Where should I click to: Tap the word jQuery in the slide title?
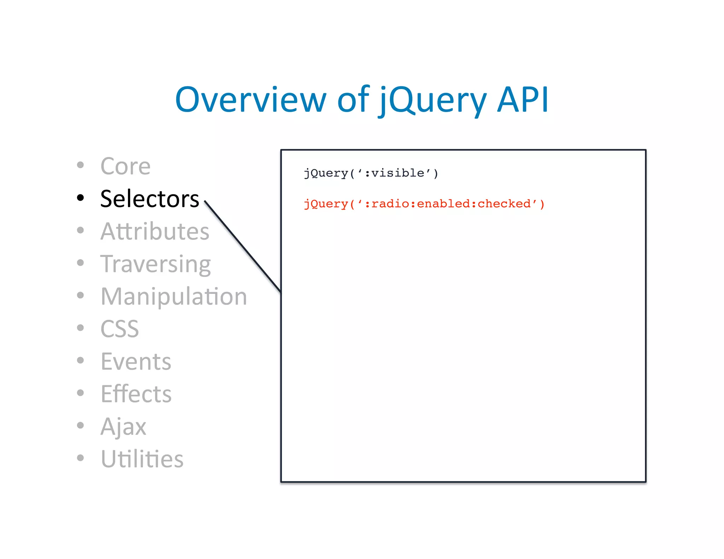pos(433,101)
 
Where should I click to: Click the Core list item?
pos(125,166)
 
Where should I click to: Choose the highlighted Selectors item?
pos(150,199)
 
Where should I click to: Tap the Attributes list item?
pos(155,231)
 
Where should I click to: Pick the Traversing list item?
pos(156,264)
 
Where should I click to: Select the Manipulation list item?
pos(174,296)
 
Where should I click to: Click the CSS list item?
pos(119,329)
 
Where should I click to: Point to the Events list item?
pos(136,361)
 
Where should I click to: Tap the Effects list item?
pos(136,394)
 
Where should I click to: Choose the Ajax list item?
pos(123,426)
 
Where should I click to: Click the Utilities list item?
pos(142,459)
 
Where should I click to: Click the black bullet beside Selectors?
pos(81,198)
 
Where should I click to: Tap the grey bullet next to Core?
pos(81,165)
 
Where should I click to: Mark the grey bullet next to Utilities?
pos(81,458)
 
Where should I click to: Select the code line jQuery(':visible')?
pos(371,173)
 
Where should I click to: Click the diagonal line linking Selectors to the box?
pos(243,246)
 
